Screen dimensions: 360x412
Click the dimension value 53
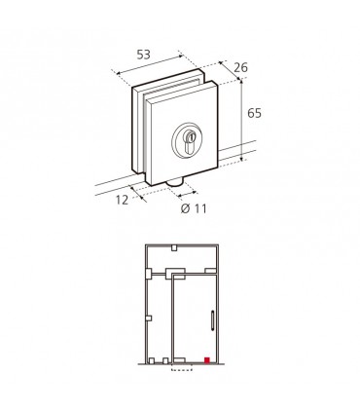tap(143, 55)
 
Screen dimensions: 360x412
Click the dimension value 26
tap(240, 67)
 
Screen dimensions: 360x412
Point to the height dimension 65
tap(254, 113)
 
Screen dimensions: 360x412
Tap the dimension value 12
tap(123, 200)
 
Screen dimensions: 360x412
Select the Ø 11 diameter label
tap(194, 208)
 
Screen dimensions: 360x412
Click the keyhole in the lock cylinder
tap(190, 143)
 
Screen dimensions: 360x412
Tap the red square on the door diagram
tap(207, 359)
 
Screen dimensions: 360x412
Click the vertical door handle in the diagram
tap(212, 320)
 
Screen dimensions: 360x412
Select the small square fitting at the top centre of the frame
tap(174, 248)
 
